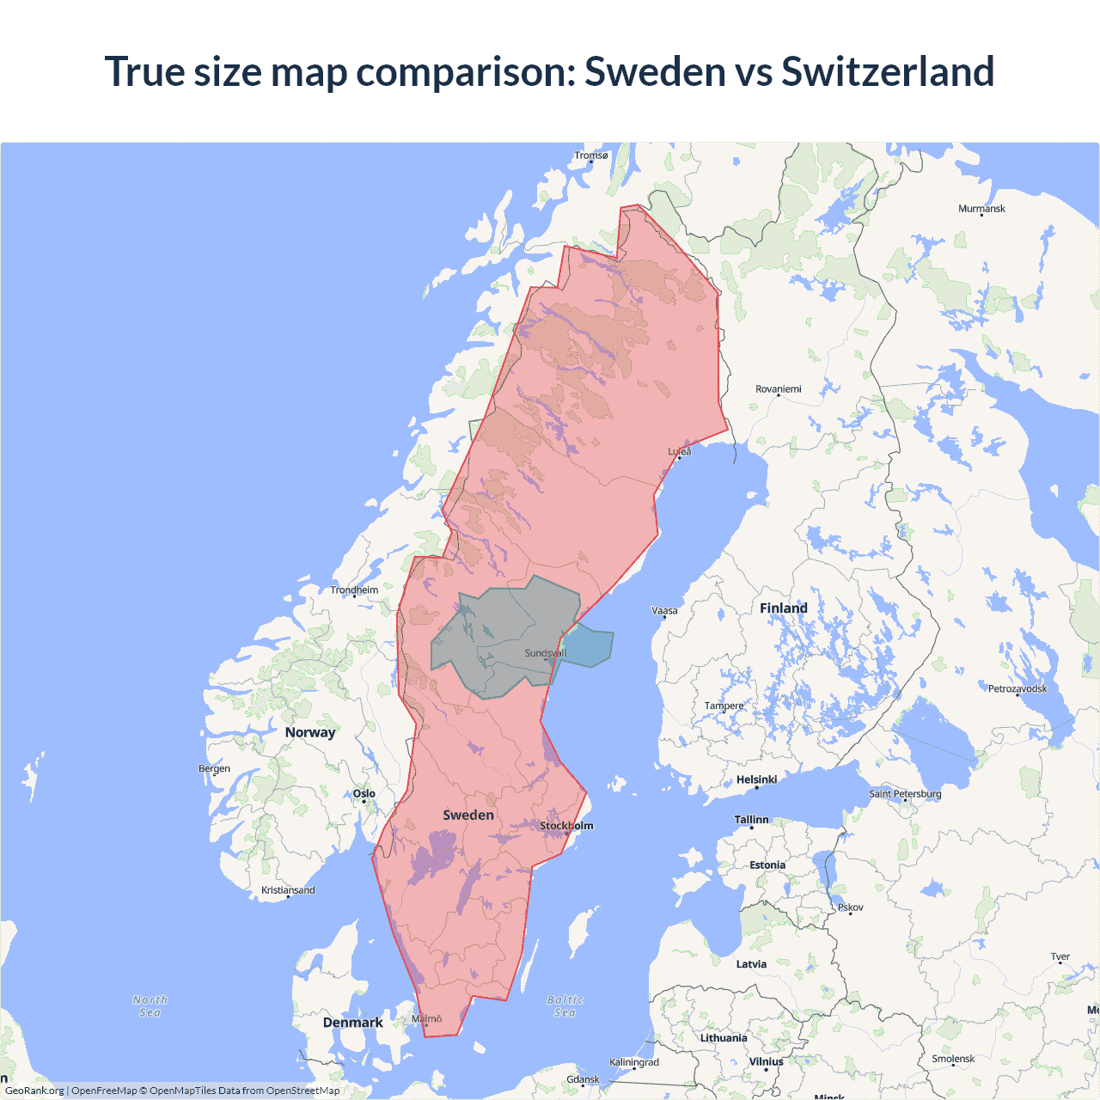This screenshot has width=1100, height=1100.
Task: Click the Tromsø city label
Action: pyautogui.click(x=590, y=156)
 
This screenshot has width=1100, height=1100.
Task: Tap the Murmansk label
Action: pyautogui.click(x=981, y=209)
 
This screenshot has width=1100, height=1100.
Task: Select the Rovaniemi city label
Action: pyautogui.click(x=778, y=389)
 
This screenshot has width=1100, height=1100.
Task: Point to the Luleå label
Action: pyautogui.click(x=680, y=451)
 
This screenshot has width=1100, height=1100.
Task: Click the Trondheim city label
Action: pyautogui.click(x=354, y=590)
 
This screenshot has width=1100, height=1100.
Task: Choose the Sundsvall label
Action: pyautogui.click(x=545, y=653)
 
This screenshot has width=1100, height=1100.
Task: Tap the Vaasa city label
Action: pyautogui.click(x=664, y=611)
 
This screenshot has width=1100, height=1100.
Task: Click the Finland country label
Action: pyautogui.click(x=783, y=608)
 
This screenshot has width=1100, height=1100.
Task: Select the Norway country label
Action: pyautogui.click(x=310, y=732)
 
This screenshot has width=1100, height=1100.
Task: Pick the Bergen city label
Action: pyautogui.click(x=214, y=768)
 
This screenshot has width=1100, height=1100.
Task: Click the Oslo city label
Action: pyautogui.click(x=364, y=794)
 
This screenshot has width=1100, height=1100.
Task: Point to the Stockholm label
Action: pyautogui.click(x=566, y=826)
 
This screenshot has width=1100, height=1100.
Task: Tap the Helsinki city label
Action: pyautogui.click(x=756, y=779)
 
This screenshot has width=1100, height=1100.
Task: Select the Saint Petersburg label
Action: pyautogui.click(x=905, y=793)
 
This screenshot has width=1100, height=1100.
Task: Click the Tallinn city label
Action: pyautogui.click(x=751, y=820)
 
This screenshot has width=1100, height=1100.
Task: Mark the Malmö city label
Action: pyautogui.click(x=426, y=1019)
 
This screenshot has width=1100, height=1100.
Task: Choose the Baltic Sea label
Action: pyautogui.click(x=565, y=1006)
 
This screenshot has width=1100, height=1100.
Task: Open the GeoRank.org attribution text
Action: pyautogui.click(x=34, y=1091)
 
